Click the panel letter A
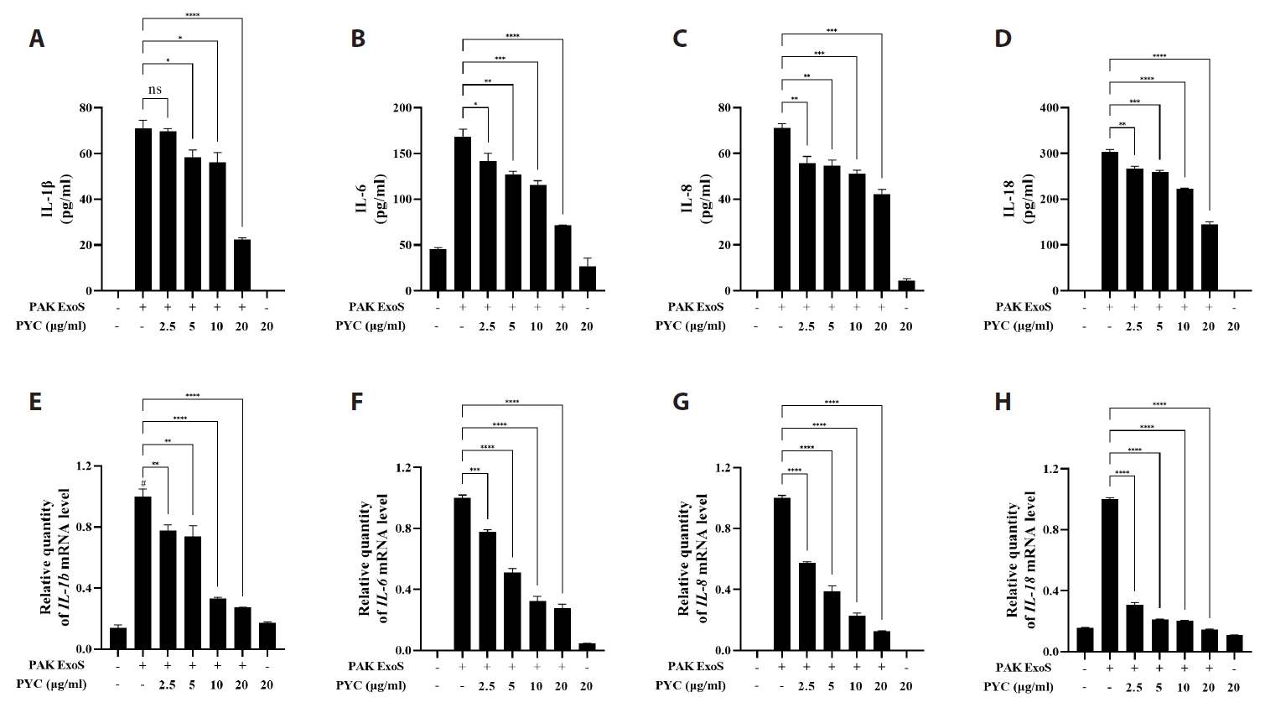[x=36, y=39]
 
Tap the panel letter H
[x=1003, y=402]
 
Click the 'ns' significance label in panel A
[x=155, y=90]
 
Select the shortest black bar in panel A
[x=242, y=265]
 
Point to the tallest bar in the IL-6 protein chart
[x=462, y=214]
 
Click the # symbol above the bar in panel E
[x=143, y=483]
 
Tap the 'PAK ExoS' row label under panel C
[x=695, y=307]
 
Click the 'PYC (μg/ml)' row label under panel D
[x=1018, y=325]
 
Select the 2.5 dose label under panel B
[x=487, y=325]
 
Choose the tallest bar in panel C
[x=781, y=209]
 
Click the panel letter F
[x=357, y=402]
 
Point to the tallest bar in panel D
[x=1109, y=221]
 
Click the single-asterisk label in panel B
[x=475, y=104]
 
